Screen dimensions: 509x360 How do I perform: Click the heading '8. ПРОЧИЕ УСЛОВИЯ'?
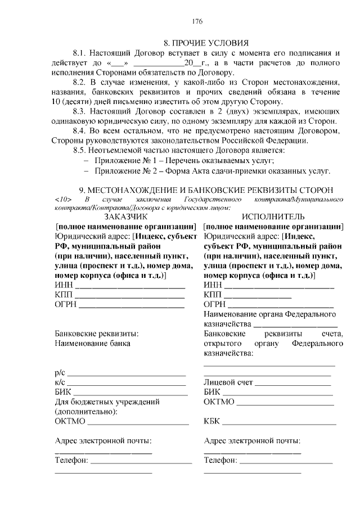[205, 43]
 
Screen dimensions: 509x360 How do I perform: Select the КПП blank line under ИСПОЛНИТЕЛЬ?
[258, 296]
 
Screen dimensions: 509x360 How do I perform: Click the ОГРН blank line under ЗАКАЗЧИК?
[131, 306]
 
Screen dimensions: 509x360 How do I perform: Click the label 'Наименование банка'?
[92, 343]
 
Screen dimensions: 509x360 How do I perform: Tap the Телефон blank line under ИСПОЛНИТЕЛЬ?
[286, 461]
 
